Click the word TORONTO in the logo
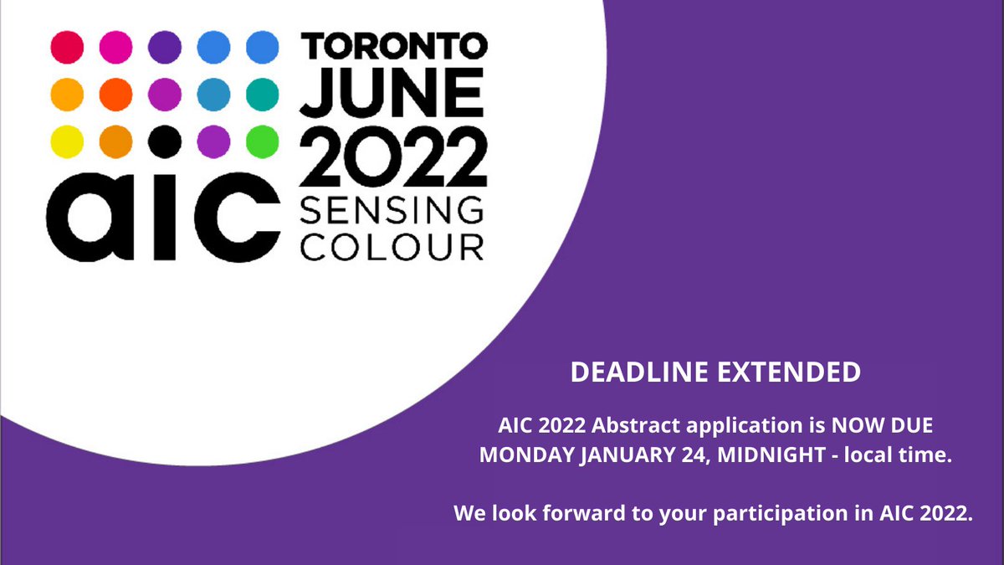(x=392, y=47)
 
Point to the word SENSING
(x=392, y=208)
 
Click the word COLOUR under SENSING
(x=392, y=247)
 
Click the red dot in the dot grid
(x=68, y=47)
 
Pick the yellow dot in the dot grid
(x=68, y=140)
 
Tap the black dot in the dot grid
(x=165, y=140)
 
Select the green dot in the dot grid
(x=263, y=140)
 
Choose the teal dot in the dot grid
(x=263, y=93)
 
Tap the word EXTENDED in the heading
(x=791, y=372)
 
